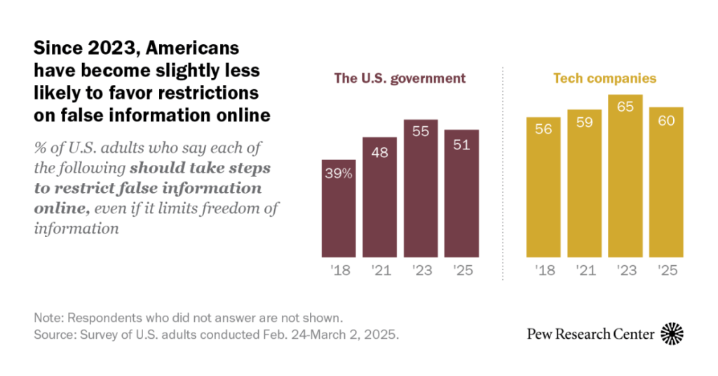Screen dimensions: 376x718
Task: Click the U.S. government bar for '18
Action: click(339, 208)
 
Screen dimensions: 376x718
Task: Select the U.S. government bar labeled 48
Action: click(380, 197)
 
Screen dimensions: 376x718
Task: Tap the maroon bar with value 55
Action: click(421, 188)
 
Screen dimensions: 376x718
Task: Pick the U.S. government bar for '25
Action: click(461, 193)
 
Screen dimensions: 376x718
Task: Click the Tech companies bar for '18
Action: click(543, 187)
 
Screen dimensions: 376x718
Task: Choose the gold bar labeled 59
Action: click(584, 183)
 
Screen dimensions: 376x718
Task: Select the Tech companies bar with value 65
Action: click(625, 175)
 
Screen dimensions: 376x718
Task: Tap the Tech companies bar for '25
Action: click(665, 182)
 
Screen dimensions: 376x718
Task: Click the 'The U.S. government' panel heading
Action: click(400, 79)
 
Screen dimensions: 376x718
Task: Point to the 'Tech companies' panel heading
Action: click(604, 79)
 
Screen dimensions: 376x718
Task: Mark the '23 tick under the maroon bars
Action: click(421, 270)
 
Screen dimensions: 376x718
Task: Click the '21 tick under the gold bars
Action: click(584, 270)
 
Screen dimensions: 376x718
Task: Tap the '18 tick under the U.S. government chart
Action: click(339, 270)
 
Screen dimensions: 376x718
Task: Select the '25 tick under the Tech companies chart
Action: click(665, 270)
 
